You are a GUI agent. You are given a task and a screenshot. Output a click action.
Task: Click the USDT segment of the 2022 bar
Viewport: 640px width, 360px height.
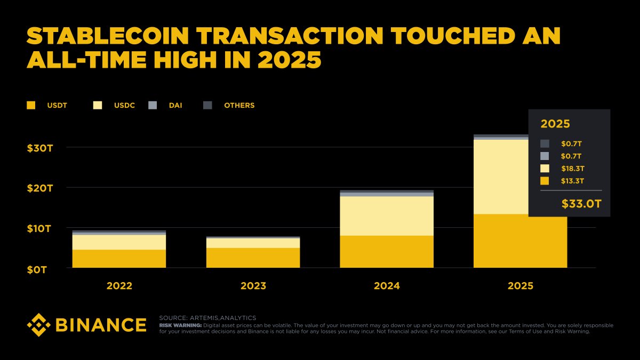[x=119, y=259]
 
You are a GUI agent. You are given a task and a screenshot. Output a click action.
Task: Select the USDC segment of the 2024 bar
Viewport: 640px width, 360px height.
[x=387, y=216]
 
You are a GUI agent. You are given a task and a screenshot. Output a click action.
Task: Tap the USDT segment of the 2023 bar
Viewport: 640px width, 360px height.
[x=253, y=258]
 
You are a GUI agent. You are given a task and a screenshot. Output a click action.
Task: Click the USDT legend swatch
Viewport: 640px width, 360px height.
[x=31, y=106]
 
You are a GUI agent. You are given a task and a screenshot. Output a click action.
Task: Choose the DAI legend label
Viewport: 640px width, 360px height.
[x=175, y=106]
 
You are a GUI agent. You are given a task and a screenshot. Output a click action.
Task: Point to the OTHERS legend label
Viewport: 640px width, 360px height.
[x=239, y=106]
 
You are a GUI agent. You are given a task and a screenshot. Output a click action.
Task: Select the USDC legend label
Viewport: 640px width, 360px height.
[x=124, y=106]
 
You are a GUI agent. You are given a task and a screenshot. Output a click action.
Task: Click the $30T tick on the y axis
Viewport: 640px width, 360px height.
[x=40, y=148]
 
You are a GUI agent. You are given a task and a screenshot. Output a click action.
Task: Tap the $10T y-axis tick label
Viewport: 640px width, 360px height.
[x=40, y=229]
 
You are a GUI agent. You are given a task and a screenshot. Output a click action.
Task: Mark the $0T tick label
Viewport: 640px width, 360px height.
[x=37, y=269]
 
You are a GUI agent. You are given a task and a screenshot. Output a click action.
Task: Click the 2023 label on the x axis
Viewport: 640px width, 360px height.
[x=253, y=286]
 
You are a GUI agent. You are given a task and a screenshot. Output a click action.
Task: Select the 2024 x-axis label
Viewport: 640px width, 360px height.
[x=387, y=286]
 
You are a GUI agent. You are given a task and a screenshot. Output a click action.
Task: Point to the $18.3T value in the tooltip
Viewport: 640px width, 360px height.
[x=572, y=169]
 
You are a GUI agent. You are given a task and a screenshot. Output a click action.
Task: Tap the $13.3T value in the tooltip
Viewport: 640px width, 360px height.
[x=572, y=181]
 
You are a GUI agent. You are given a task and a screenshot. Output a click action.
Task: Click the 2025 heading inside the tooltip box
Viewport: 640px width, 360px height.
[x=555, y=124]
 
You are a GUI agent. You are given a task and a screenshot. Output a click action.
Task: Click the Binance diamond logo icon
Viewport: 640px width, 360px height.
[x=39, y=325]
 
